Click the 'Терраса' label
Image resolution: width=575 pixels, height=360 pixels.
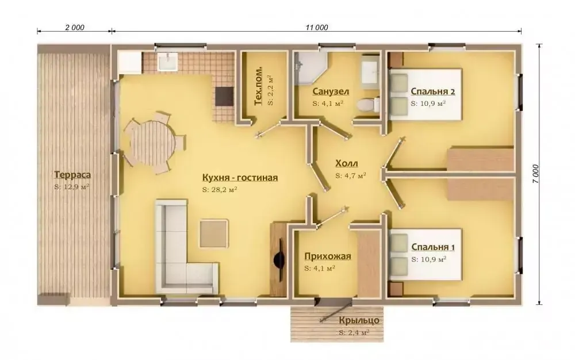coord(72,175)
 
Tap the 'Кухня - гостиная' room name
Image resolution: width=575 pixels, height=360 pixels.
coord(240,178)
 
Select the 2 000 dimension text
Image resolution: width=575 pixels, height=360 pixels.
coord(75,28)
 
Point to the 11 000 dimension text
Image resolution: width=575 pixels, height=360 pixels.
coord(317,28)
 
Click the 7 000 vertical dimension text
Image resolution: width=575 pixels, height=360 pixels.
coord(536,174)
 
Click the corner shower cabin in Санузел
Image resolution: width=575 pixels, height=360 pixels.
coord(311,67)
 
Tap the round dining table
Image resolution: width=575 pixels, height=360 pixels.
coord(151,143)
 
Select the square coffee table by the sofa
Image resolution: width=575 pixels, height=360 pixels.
coord(214,233)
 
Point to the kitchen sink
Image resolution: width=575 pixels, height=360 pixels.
coord(168,61)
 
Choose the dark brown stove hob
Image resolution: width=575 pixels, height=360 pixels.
coord(224,96)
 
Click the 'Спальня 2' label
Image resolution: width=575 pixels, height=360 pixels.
coord(433,91)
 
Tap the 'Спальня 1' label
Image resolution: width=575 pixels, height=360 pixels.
coord(433,247)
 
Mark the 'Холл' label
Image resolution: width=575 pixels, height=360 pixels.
coord(347,163)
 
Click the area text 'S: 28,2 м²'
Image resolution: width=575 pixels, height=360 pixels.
coord(219,190)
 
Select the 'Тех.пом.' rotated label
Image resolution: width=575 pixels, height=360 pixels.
coord(259,86)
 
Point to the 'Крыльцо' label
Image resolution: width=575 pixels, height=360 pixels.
coord(359,321)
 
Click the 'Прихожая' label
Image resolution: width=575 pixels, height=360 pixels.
coord(328,256)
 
